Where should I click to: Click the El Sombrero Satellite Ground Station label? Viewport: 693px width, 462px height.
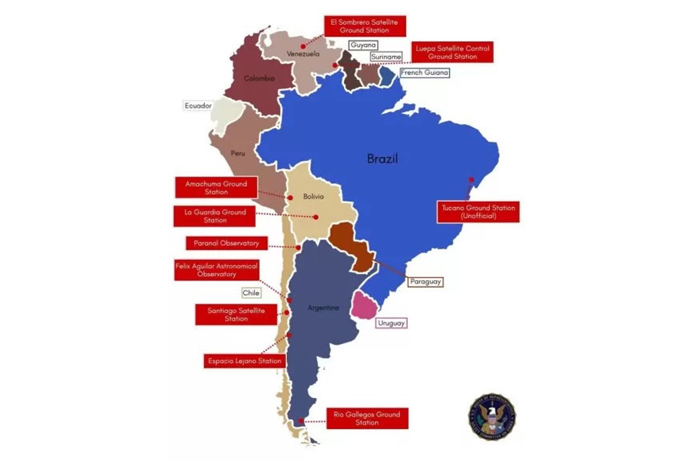(364, 25)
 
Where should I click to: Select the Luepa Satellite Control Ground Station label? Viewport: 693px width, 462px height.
(452, 53)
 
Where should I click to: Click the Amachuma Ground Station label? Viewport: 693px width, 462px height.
(215, 188)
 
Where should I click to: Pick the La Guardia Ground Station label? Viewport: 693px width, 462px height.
(215, 216)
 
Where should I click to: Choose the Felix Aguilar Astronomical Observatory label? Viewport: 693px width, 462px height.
(216, 270)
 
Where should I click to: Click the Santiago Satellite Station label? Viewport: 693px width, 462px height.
(236, 314)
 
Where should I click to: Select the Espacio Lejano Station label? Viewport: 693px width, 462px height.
(244, 361)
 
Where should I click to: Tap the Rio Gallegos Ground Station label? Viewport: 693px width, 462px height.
(367, 418)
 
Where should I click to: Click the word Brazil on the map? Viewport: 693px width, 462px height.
(383, 159)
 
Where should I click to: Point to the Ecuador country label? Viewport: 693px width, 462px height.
(199, 106)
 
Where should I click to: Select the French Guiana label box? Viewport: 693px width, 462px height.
(424, 73)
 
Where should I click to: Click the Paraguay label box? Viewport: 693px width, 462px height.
(426, 282)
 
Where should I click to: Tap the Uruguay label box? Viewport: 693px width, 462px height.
(391, 323)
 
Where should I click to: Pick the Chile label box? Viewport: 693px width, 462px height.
(251, 293)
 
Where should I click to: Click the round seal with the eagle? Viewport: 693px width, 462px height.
(492, 418)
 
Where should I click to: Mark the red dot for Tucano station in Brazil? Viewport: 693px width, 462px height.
(472, 179)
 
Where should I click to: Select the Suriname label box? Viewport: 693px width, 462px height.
(386, 57)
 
